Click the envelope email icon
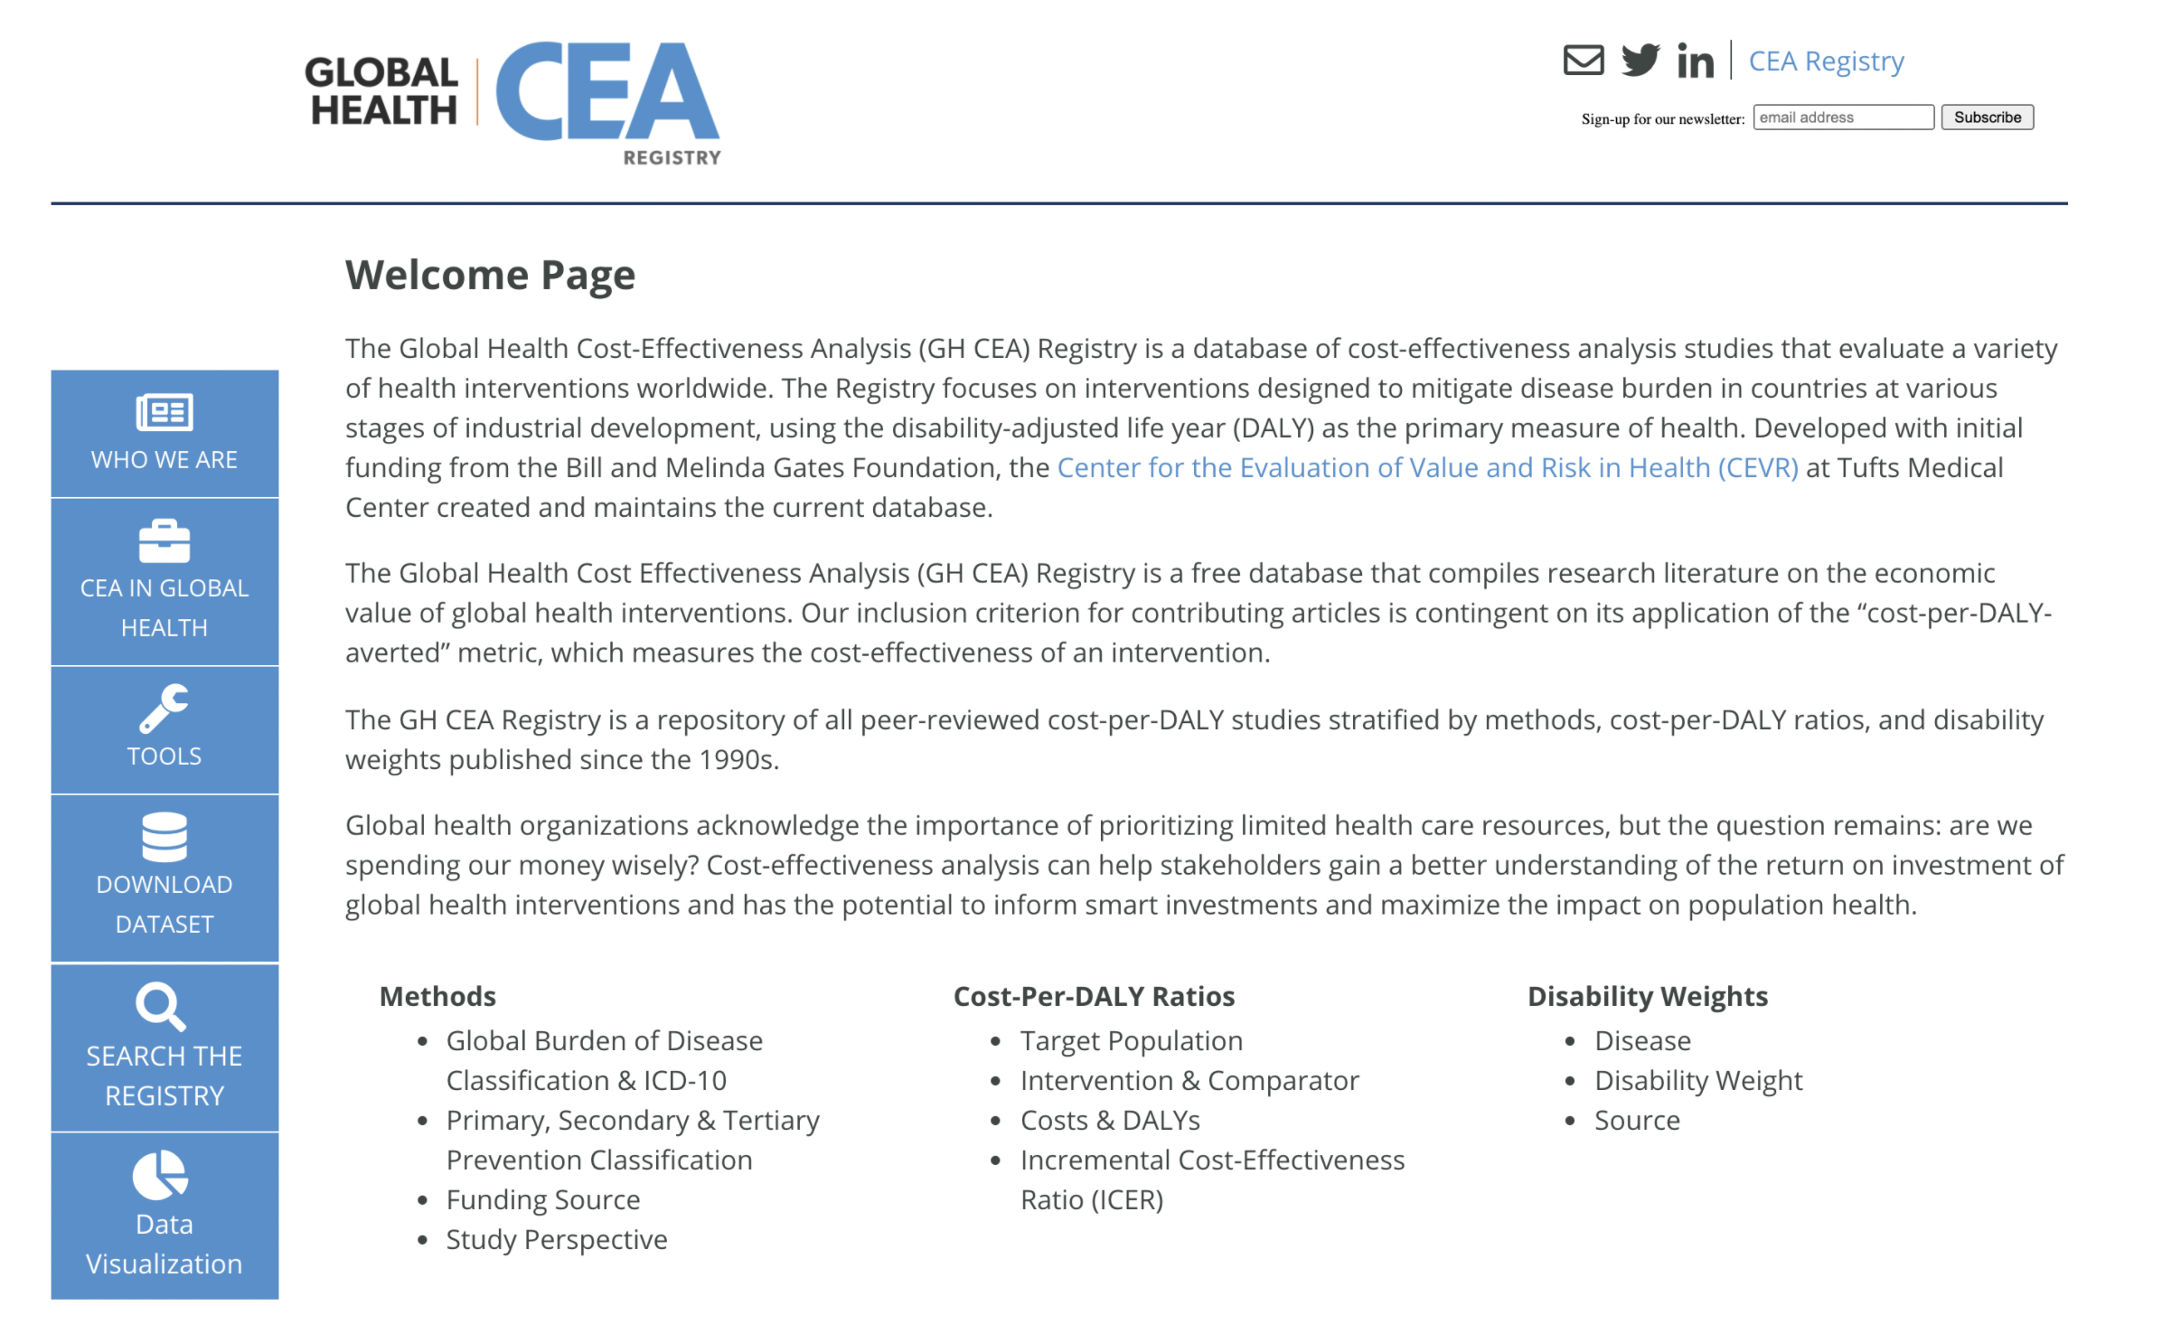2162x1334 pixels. pos(1583,61)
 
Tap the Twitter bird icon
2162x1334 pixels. pos(1640,61)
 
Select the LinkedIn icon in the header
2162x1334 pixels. pos(1695,61)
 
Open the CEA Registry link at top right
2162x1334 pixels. pos(1826,61)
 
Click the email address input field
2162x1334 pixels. pos(1842,117)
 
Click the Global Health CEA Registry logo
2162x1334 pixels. pos(512,101)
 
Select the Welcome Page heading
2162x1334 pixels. pos(490,275)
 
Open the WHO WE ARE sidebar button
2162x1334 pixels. pos(164,434)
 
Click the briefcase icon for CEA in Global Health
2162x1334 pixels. pos(164,541)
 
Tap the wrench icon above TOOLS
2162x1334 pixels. pos(164,708)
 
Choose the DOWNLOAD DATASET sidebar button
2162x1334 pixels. pos(164,878)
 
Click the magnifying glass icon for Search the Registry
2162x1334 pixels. pos(161,1006)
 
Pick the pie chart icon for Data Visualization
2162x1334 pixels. pos(160,1174)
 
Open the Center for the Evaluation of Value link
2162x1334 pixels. pos(1427,468)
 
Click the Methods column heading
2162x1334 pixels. pos(437,996)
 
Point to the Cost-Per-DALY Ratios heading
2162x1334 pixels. pos(1094,996)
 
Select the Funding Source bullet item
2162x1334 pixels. pos(543,1200)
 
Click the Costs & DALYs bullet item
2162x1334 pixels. pos(1110,1121)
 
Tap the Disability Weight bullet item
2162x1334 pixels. pos(1698,1081)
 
